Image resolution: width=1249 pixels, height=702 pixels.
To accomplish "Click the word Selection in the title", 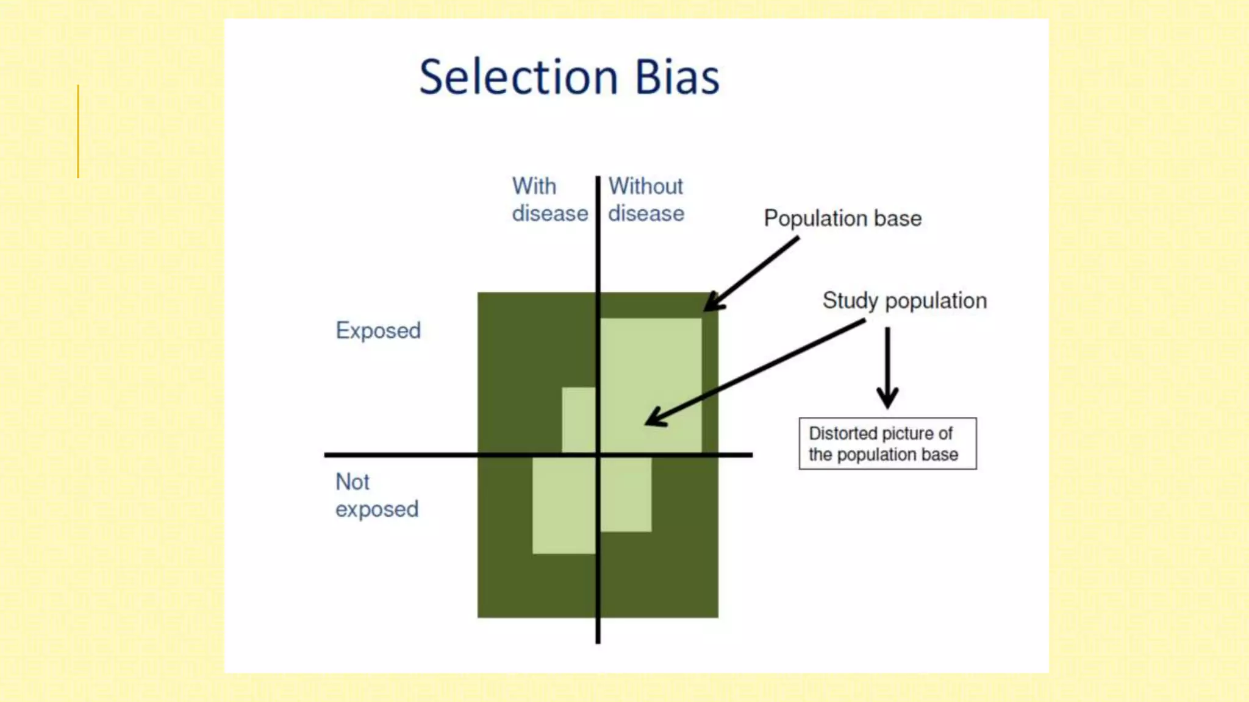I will [518, 77].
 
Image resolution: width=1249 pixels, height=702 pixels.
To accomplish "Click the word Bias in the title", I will [677, 77].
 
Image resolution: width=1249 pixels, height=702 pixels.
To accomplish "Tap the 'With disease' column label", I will [549, 200].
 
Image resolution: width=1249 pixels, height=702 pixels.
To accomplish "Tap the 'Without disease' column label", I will [646, 200].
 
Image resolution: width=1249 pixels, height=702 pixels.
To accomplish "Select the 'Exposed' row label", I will [378, 330].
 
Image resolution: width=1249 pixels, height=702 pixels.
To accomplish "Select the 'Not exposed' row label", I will [376, 495].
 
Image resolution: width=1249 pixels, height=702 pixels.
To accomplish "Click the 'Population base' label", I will [842, 218].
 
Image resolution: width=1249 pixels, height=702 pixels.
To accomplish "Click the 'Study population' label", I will [904, 300].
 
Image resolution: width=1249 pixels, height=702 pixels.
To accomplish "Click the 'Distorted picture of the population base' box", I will [887, 444].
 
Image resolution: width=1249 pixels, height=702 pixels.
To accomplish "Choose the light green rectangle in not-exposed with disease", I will [564, 506].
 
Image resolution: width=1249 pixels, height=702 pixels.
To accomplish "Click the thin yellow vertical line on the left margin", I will [78, 131].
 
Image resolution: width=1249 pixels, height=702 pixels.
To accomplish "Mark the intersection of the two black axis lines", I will [598, 455].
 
